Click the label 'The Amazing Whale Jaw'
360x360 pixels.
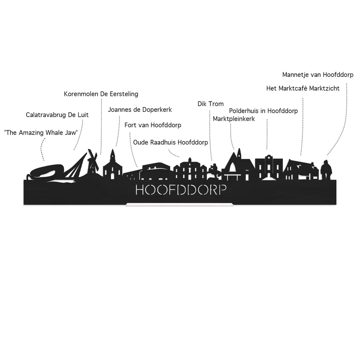coord(41,133)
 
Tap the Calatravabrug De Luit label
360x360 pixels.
coord(57,115)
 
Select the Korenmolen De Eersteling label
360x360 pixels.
coord(101,94)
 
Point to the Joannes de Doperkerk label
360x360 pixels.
coord(140,110)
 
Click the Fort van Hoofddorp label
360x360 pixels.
coord(153,125)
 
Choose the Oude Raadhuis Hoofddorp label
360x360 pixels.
coord(170,142)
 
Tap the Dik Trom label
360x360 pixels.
coord(210,104)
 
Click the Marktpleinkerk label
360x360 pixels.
coord(234,119)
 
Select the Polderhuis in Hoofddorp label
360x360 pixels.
coord(263,111)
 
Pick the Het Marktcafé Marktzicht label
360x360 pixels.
coord(303,88)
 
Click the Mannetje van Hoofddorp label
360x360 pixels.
coord(318,75)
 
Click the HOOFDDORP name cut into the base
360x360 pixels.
coord(181,190)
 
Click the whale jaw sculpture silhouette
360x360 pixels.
coord(46,172)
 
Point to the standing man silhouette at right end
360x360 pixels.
coord(326,170)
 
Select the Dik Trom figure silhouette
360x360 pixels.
coord(214,171)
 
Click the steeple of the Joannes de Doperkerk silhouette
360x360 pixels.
coord(112,156)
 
